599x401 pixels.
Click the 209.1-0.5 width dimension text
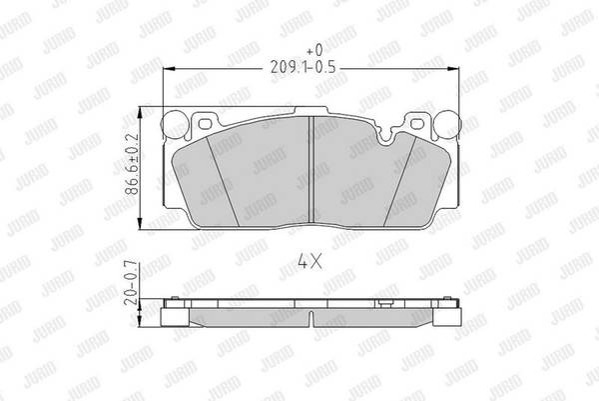coord(302,67)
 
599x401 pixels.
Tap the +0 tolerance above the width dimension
coord(315,50)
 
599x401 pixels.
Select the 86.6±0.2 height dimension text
coord(132,164)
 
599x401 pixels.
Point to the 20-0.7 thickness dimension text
coord(132,282)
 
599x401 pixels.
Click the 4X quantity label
coord(309,262)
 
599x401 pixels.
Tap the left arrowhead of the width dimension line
coord(169,69)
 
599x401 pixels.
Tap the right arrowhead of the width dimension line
coord(453,69)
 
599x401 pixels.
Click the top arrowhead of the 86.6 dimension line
coord(140,113)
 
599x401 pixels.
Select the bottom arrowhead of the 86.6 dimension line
coord(140,223)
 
